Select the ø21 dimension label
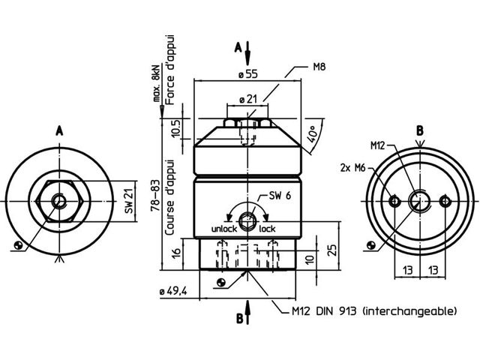[249, 98]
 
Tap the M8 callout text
[318, 67]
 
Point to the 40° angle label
[310, 139]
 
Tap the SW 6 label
[280, 196]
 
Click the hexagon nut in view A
[58, 200]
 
